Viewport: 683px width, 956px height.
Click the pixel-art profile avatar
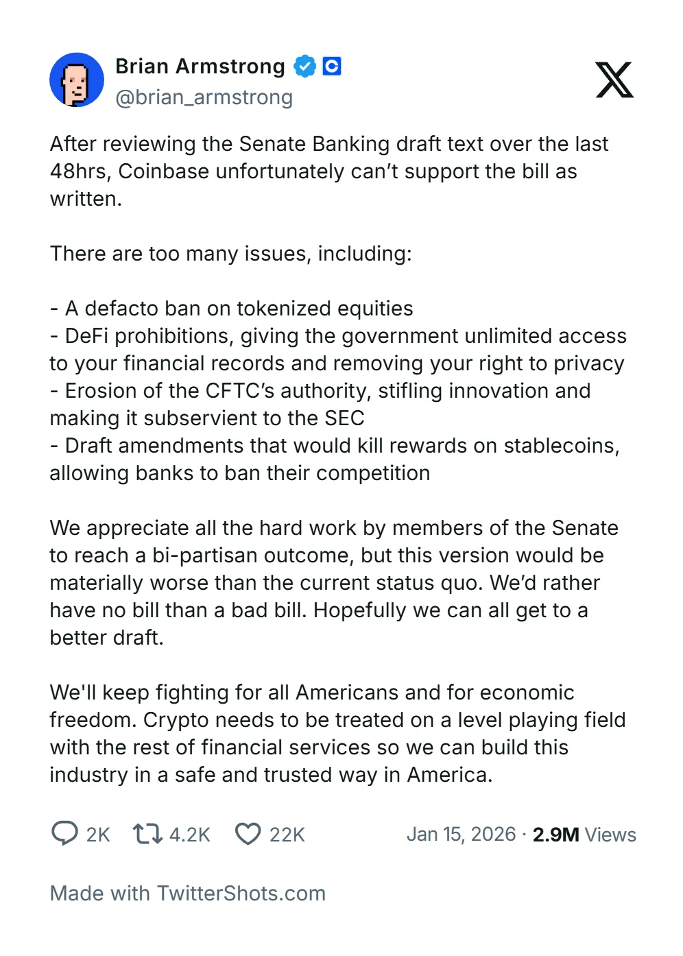(x=77, y=80)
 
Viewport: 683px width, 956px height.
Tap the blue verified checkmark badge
(x=304, y=67)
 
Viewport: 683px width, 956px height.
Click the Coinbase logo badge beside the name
(x=332, y=67)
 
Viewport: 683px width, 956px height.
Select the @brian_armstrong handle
(x=204, y=97)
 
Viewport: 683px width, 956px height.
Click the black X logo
(x=614, y=80)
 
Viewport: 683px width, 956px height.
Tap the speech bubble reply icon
(x=64, y=833)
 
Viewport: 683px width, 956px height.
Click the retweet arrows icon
(x=147, y=833)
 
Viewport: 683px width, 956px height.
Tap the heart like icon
(x=248, y=834)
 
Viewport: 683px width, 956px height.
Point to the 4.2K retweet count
(x=190, y=835)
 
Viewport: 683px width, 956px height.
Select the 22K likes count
(x=287, y=835)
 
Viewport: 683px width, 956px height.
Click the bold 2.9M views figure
(x=556, y=835)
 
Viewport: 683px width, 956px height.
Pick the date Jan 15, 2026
(x=461, y=835)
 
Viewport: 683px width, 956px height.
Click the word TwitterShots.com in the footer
(x=241, y=894)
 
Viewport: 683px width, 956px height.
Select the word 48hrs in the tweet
(x=81, y=171)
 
